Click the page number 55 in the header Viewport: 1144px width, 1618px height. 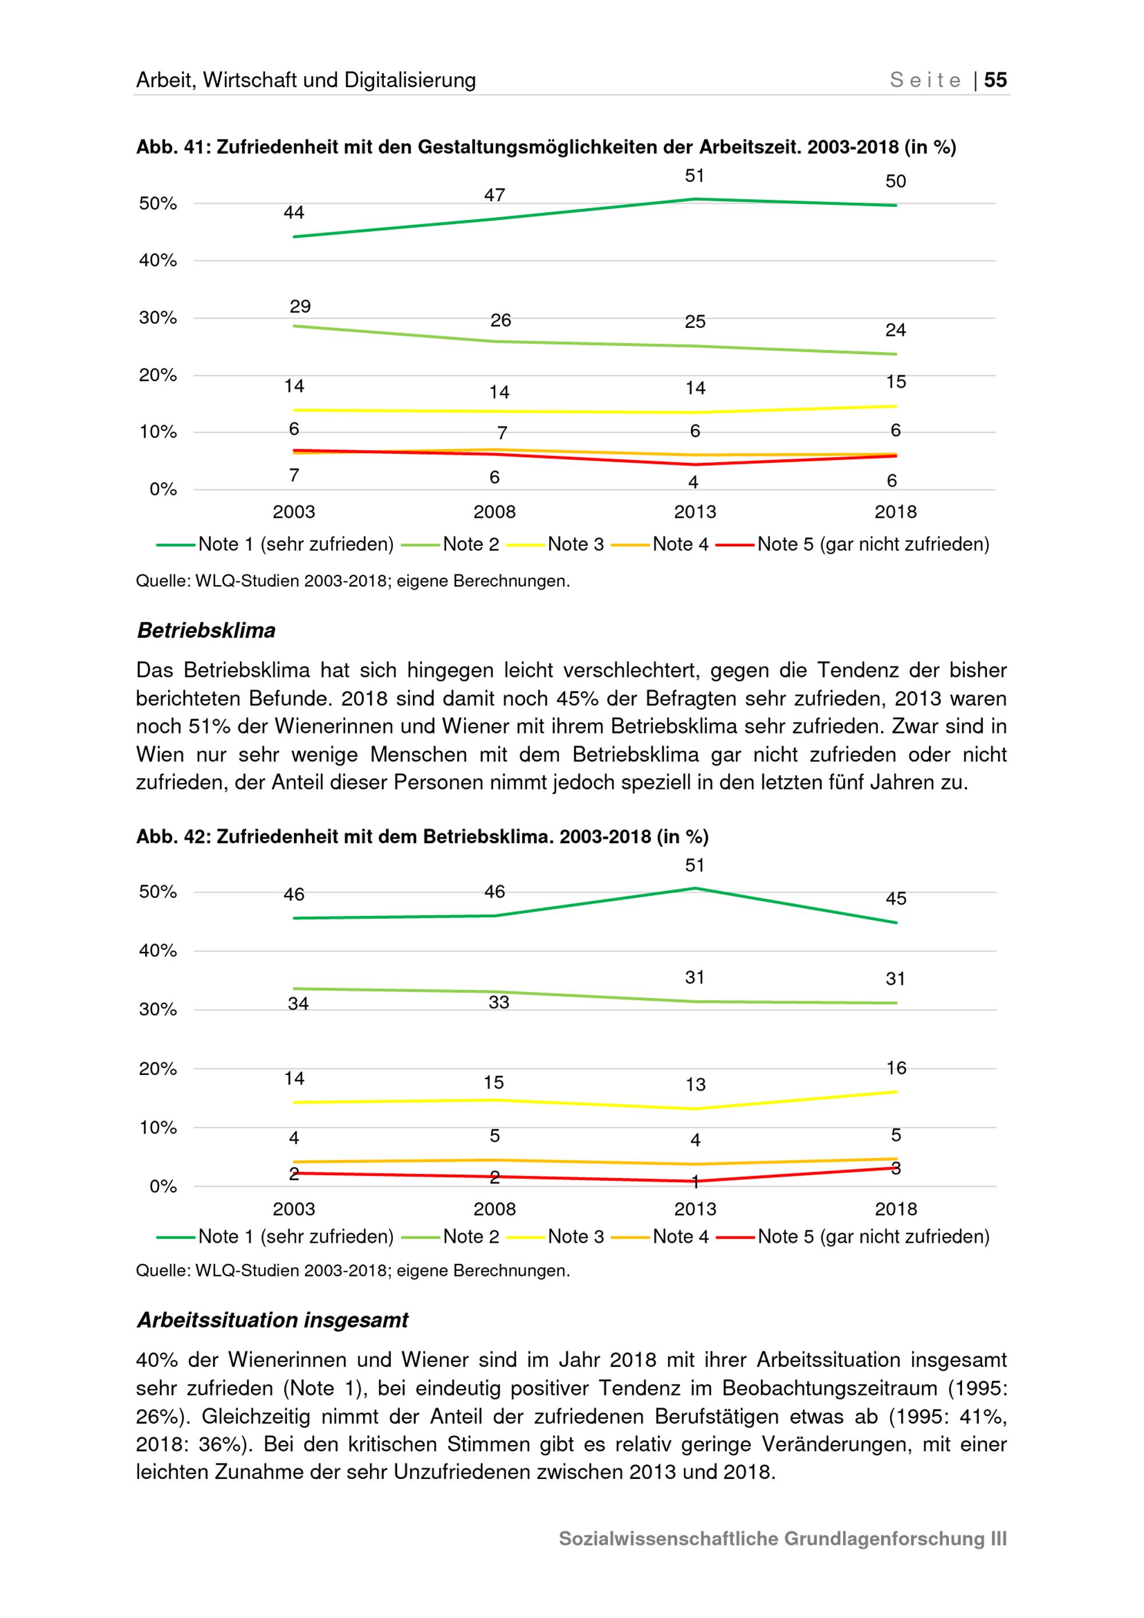click(x=995, y=80)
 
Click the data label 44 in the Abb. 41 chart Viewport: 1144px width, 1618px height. click(x=294, y=213)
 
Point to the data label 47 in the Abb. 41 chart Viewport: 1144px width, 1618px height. click(x=495, y=195)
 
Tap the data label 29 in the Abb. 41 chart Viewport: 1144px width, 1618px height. click(x=300, y=307)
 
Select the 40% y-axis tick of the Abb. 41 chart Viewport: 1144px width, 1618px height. click(x=158, y=261)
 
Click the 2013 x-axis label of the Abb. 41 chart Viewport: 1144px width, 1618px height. click(x=694, y=512)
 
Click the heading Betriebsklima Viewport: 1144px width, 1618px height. click(x=206, y=630)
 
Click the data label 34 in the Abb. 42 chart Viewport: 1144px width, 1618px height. click(x=298, y=1004)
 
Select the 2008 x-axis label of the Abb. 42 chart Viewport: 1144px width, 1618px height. click(x=495, y=1209)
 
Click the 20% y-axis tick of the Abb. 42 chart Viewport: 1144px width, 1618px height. click(x=158, y=1069)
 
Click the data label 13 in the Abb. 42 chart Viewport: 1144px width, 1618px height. click(x=696, y=1085)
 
